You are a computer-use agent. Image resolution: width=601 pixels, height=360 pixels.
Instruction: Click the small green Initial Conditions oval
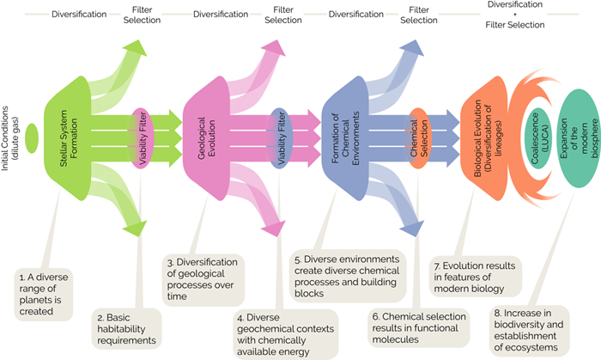[32, 135]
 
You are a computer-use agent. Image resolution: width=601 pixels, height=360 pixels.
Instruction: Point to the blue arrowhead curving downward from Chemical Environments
[410, 226]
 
